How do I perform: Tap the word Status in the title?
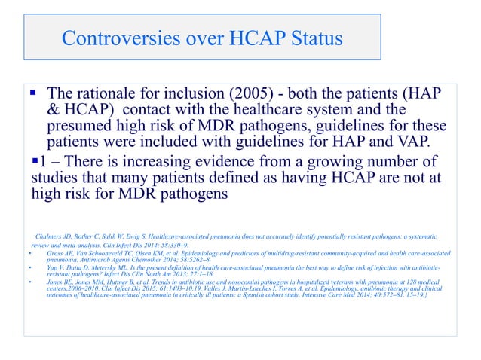(314, 38)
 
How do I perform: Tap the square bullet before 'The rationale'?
(34, 95)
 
